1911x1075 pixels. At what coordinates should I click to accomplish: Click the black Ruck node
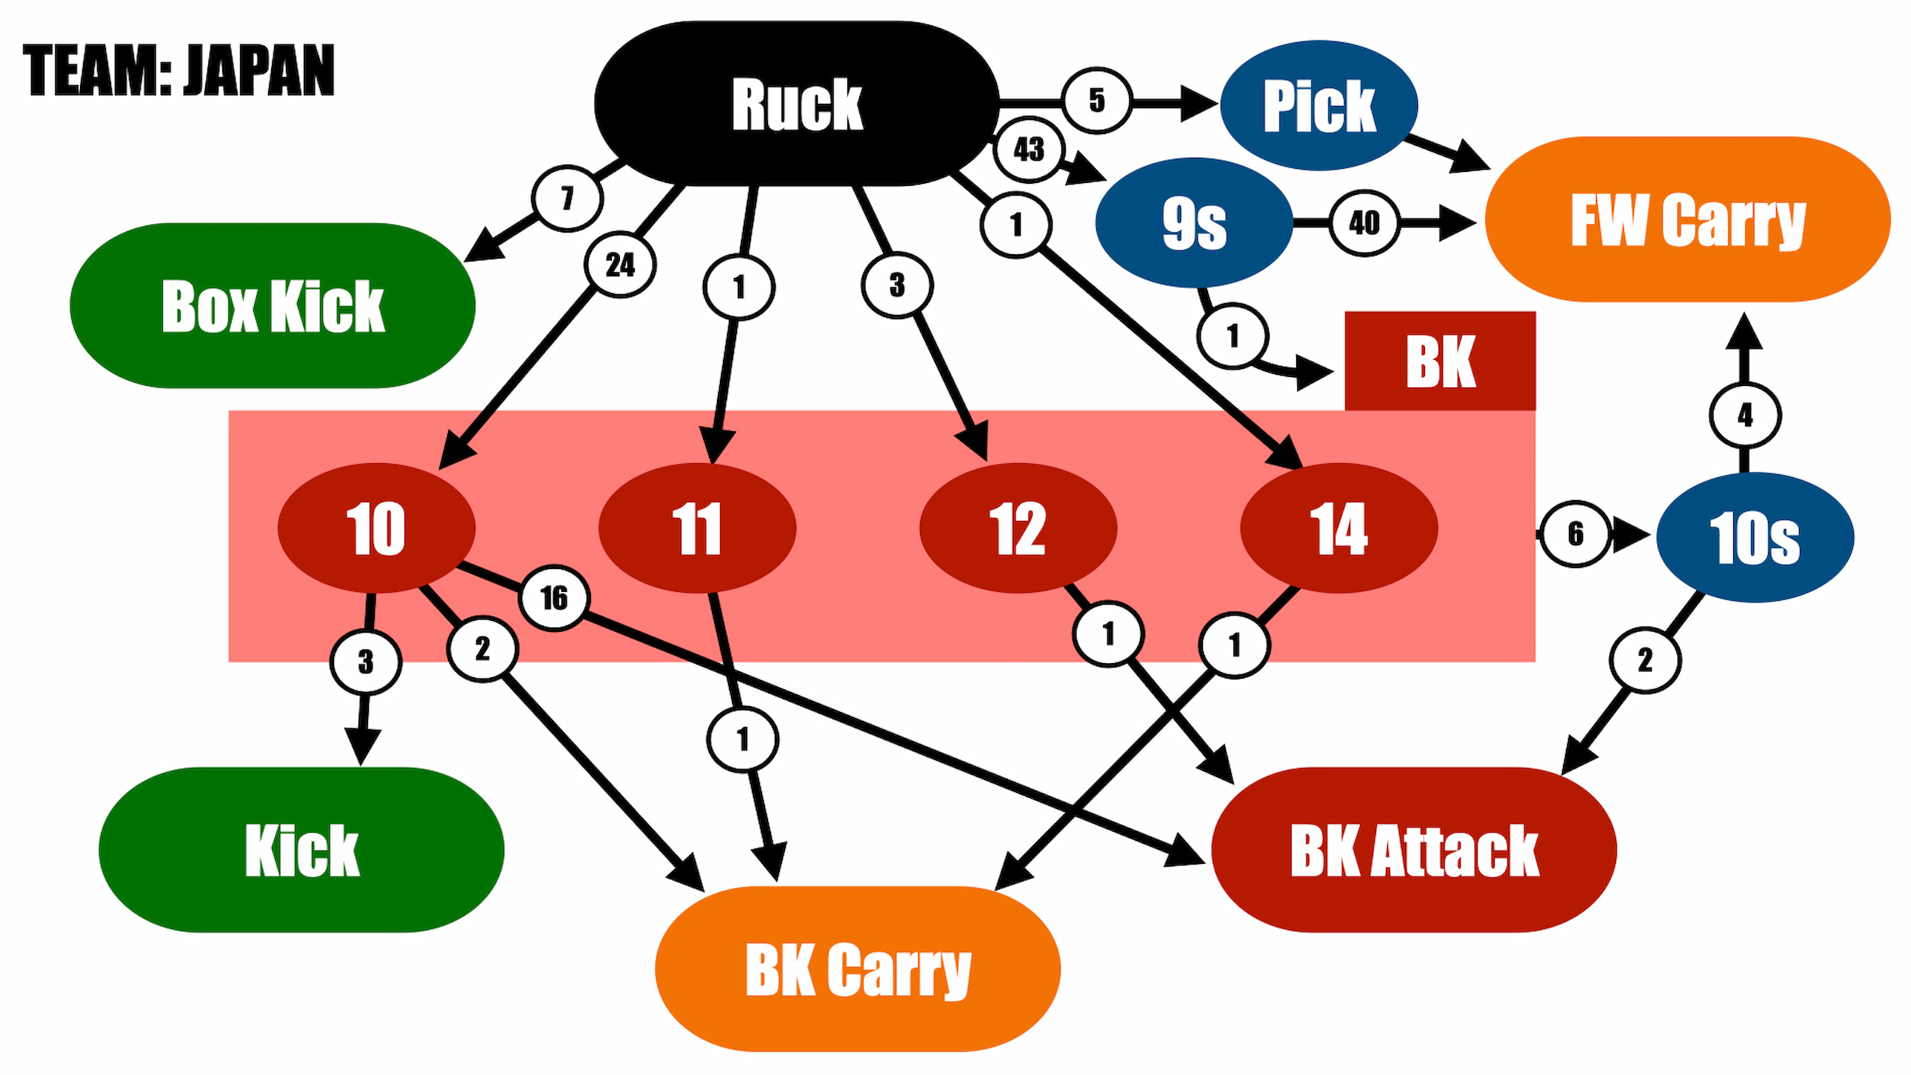click(797, 104)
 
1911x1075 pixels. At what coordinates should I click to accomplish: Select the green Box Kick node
click(273, 306)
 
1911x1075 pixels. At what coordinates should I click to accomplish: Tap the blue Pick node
click(1319, 105)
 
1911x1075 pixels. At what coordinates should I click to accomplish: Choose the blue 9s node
click(1193, 222)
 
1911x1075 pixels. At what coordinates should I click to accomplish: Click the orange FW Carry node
click(1688, 219)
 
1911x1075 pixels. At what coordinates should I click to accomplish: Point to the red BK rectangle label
click(1440, 362)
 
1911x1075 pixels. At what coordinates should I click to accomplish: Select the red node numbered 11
click(696, 528)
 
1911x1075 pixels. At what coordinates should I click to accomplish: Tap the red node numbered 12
click(1018, 528)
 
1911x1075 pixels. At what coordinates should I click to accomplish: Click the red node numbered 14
click(1339, 528)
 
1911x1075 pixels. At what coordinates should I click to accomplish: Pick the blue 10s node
click(1755, 537)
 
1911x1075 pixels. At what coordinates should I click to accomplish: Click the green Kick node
click(301, 850)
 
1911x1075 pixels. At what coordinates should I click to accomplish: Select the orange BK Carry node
click(858, 969)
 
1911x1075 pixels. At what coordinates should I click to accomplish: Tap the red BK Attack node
click(1414, 850)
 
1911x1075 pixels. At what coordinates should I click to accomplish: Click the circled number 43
click(1029, 150)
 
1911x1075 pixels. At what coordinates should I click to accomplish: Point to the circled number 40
click(1364, 222)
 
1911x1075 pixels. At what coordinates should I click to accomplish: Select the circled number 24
click(620, 264)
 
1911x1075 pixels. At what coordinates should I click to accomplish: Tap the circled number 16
click(554, 597)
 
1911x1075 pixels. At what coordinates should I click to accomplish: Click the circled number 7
click(567, 198)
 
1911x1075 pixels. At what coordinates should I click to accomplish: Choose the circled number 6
click(1575, 533)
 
